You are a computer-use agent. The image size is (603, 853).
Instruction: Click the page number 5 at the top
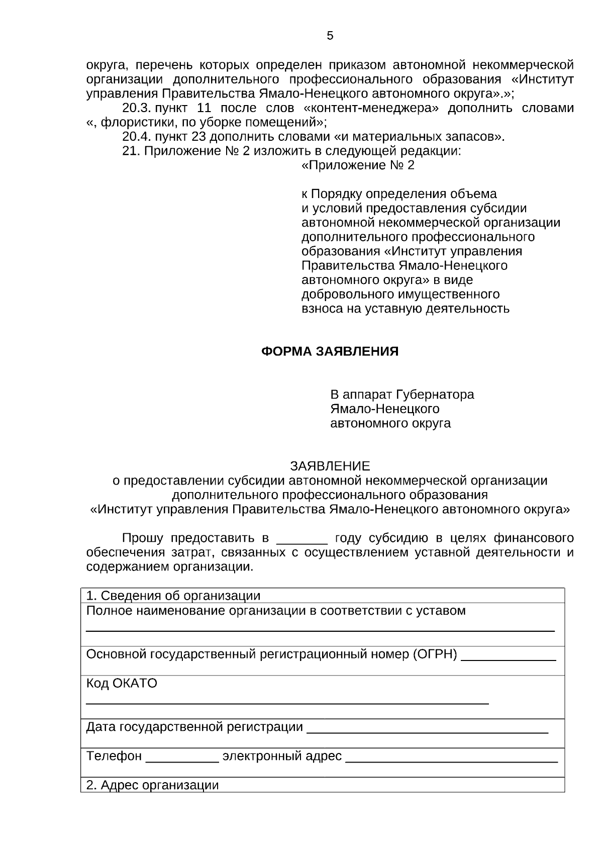[x=330, y=36]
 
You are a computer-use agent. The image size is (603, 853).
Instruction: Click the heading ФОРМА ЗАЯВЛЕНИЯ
[x=330, y=351]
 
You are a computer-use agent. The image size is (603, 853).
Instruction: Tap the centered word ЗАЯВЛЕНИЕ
[x=330, y=466]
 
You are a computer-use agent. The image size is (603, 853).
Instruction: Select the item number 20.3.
[x=137, y=108]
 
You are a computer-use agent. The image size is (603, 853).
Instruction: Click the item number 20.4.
[x=137, y=137]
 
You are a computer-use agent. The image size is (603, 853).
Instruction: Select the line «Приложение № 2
[x=358, y=165]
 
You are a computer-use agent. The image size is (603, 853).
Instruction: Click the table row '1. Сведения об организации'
[x=173, y=596]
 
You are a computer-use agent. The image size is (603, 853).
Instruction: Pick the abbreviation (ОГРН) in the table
[x=435, y=654]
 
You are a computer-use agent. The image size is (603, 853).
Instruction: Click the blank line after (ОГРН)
[x=508, y=658]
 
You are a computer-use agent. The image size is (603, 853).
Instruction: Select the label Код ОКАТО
[x=122, y=684]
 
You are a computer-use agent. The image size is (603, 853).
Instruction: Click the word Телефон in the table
[x=114, y=756]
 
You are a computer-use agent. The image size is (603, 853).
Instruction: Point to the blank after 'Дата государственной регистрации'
[x=427, y=731]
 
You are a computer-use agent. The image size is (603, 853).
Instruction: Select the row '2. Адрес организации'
[x=152, y=785]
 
